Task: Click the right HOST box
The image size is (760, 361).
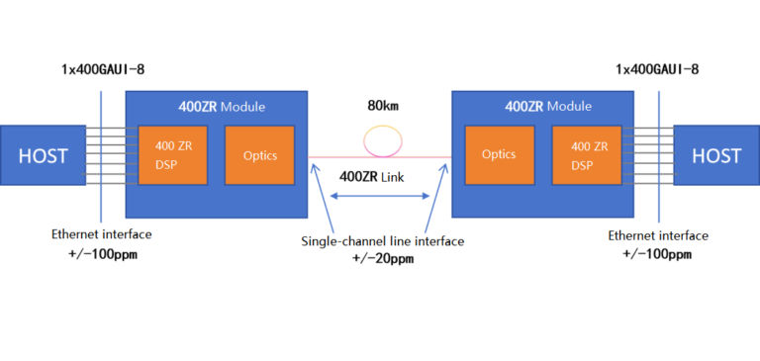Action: (716, 155)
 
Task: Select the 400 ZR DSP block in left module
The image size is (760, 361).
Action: (173, 155)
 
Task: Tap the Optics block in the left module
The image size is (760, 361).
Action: (259, 155)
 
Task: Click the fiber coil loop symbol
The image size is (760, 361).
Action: (381, 138)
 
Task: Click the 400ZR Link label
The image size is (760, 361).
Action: (380, 176)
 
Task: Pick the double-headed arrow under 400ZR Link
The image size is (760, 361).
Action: (380, 199)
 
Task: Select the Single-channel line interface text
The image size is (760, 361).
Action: (380, 241)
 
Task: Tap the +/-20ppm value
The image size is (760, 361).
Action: (380, 259)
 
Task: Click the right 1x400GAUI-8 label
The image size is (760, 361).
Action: (657, 69)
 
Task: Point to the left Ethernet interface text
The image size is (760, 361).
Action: (102, 235)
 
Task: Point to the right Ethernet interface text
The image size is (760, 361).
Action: (658, 235)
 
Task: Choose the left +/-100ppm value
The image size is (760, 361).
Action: (102, 254)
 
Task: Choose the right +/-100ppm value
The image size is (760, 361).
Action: (658, 254)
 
